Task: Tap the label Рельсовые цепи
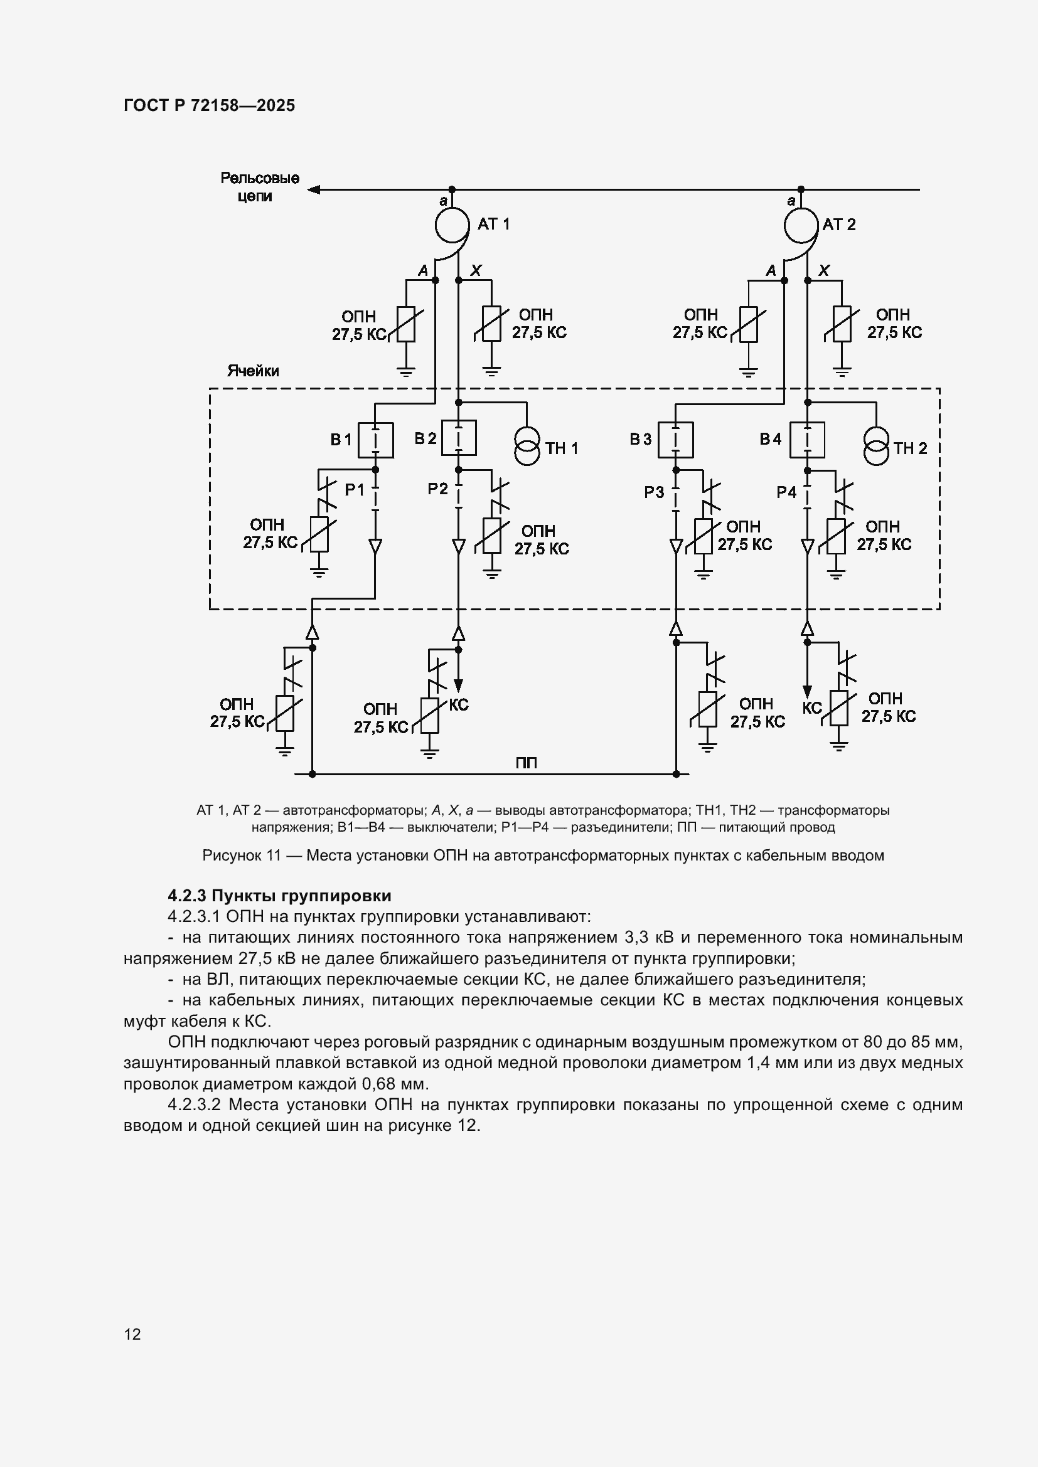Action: tap(260, 187)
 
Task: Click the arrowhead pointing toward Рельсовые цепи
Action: tap(313, 190)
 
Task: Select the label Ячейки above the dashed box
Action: tap(253, 371)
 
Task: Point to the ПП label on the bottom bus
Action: tap(526, 763)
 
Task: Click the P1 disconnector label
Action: tap(354, 490)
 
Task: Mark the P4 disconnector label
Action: tap(787, 492)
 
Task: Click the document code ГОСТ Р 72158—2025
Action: tap(210, 106)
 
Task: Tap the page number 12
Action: tap(132, 1334)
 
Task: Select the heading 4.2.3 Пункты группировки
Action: tap(279, 896)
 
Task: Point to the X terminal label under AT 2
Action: tap(825, 270)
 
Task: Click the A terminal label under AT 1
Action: tap(422, 271)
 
